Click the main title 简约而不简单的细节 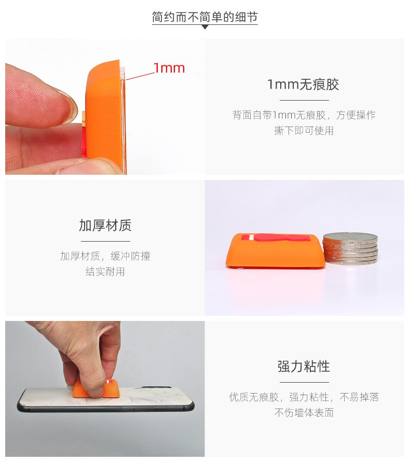click(x=204, y=17)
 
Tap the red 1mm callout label click(x=169, y=68)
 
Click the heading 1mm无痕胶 click(x=303, y=85)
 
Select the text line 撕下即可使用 click(x=304, y=130)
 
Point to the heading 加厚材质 click(x=105, y=226)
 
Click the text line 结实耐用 click(x=105, y=271)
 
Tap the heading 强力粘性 click(x=304, y=367)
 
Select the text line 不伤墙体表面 click(x=304, y=413)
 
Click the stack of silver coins click(x=350, y=248)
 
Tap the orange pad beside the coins click(x=275, y=251)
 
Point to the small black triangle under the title click(x=205, y=27)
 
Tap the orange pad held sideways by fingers click(x=105, y=117)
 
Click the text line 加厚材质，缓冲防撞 click(x=105, y=256)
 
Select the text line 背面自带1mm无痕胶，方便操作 click(x=304, y=115)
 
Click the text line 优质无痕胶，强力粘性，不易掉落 click(x=304, y=397)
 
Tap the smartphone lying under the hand click(x=105, y=399)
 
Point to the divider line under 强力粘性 click(x=304, y=382)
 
